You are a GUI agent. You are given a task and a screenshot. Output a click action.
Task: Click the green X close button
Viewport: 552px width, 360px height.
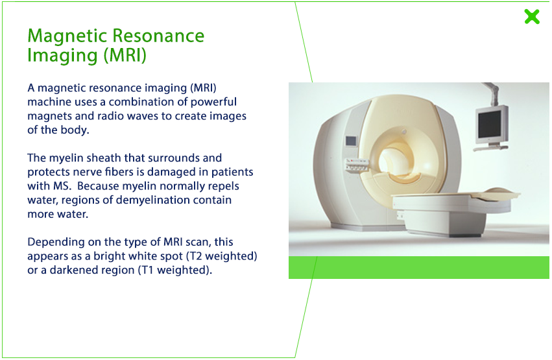[532, 16]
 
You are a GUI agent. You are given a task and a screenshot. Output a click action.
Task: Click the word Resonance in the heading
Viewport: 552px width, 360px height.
[158, 36]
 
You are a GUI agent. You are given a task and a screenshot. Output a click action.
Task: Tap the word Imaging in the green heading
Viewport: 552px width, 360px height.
[63, 56]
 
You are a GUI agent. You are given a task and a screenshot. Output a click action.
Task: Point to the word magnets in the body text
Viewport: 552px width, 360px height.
[49, 117]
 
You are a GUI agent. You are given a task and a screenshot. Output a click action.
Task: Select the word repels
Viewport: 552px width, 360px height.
[224, 186]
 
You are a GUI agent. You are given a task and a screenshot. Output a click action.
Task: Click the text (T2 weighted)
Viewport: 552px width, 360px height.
[222, 256]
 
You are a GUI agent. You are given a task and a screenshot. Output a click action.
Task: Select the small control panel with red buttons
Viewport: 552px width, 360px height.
[356, 165]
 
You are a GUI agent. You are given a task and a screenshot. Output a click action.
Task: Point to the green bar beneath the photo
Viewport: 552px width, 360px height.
[419, 267]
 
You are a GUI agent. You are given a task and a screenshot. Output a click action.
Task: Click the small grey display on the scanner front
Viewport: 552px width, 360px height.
[352, 141]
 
